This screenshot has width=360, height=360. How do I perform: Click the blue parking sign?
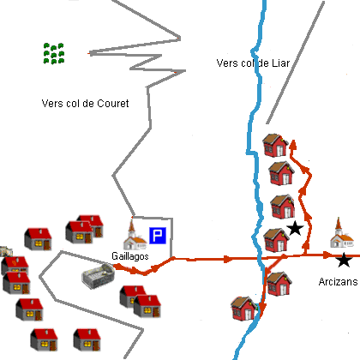tap(158, 236)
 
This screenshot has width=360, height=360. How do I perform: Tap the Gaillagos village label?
tap(130, 256)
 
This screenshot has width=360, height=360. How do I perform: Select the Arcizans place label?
tap(338, 282)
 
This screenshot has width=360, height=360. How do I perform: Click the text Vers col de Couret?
tap(85, 103)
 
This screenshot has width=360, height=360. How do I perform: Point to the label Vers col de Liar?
tap(253, 63)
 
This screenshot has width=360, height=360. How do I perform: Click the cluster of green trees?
tap(54, 53)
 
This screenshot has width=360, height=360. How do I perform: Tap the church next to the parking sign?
tap(135, 235)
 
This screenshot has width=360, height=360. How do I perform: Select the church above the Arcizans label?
tap(342, 233)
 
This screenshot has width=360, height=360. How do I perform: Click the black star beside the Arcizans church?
tap(344, 260)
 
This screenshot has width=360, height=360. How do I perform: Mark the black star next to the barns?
tap(295, 228)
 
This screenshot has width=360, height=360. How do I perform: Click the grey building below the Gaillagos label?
tap(99, 276)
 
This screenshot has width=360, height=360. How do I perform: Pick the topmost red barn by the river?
tap(275, 145)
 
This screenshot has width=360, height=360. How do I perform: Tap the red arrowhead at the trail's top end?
tap(293, 145)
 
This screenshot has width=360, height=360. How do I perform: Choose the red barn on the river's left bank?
tap(243, 309)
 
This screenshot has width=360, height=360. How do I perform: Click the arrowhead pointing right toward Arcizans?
tap(327, 255)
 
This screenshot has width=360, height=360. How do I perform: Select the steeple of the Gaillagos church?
tap(131, 226)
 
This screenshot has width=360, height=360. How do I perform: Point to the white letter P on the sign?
tap(158, 236)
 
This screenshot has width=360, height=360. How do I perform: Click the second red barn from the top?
tap(282, 173)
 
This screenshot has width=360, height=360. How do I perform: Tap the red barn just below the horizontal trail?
tap(279, 284)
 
